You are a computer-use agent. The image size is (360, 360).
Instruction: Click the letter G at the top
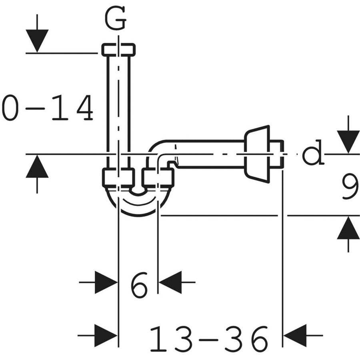pos(115,18)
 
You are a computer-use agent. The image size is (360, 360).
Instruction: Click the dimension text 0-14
pos(48,108)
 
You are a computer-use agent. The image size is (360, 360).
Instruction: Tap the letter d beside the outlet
pos(313,152)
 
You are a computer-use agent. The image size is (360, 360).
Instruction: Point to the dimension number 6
pos(139,285)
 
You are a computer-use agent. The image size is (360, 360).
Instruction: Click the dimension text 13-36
pos(209,338)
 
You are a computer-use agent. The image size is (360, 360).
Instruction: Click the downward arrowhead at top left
pos(37,41)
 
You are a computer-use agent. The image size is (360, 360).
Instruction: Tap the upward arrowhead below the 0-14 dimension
pos(37,166)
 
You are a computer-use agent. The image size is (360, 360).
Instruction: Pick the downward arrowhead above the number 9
pos(348,142)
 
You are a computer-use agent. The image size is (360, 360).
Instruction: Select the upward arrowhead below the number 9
pos(348,228)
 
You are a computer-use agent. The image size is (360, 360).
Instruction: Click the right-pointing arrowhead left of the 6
pos(106,282)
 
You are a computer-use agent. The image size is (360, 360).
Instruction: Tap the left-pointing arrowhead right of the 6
pos(170,282)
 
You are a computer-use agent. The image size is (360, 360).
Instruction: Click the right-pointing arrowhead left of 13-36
pos(106,336)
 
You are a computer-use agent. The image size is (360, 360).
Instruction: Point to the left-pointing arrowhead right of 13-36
pos(295,336)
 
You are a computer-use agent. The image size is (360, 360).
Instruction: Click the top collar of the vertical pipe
pos(118,49)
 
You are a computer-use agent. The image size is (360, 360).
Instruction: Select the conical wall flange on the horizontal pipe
pos(256,154)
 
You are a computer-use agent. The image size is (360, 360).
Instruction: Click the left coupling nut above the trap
pos(118,177)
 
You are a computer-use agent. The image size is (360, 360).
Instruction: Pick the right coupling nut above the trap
pos(158,177)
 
